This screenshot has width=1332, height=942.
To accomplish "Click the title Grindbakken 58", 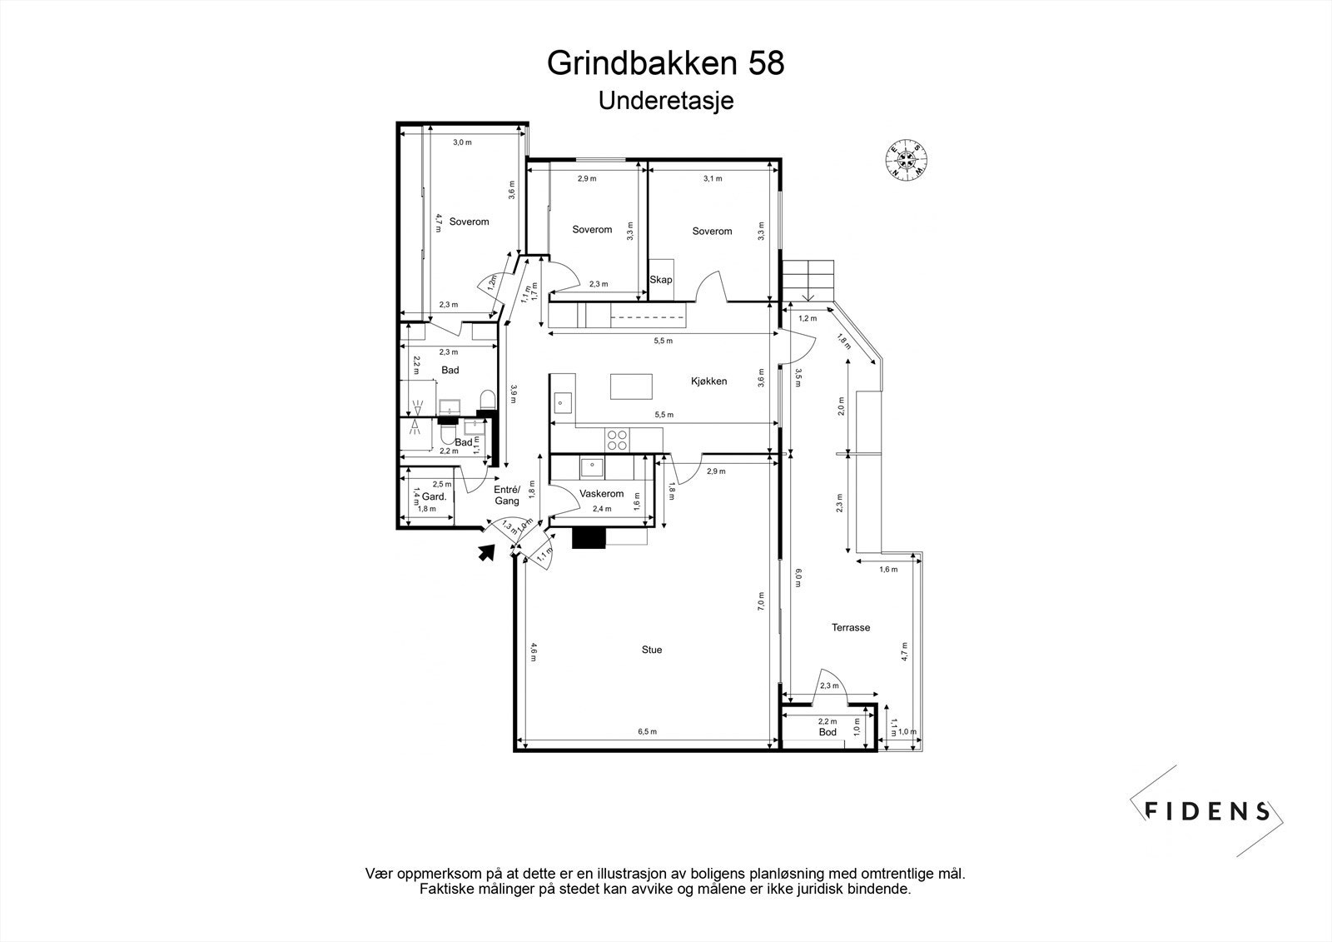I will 665,63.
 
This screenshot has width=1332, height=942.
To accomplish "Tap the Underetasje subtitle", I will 665,101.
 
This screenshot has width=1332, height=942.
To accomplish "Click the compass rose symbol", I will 907,158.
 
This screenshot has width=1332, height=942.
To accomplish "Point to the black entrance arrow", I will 487,551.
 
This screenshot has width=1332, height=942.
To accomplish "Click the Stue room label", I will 652,650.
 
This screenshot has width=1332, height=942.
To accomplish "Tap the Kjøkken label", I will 708,381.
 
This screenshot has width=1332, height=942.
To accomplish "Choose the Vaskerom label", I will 602,494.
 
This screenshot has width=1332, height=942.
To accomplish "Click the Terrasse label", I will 850,628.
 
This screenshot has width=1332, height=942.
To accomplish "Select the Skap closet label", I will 661,280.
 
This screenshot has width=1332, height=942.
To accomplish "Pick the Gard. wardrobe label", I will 435,497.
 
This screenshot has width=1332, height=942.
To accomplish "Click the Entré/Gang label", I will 507,496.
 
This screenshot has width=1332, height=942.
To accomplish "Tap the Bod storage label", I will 828,732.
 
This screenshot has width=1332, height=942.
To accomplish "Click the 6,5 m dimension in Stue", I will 648,732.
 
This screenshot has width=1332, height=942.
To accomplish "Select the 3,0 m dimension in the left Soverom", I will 462,142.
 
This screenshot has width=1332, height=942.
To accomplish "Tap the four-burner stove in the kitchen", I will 617,440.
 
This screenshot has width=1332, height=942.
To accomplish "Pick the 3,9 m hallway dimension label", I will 514,393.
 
